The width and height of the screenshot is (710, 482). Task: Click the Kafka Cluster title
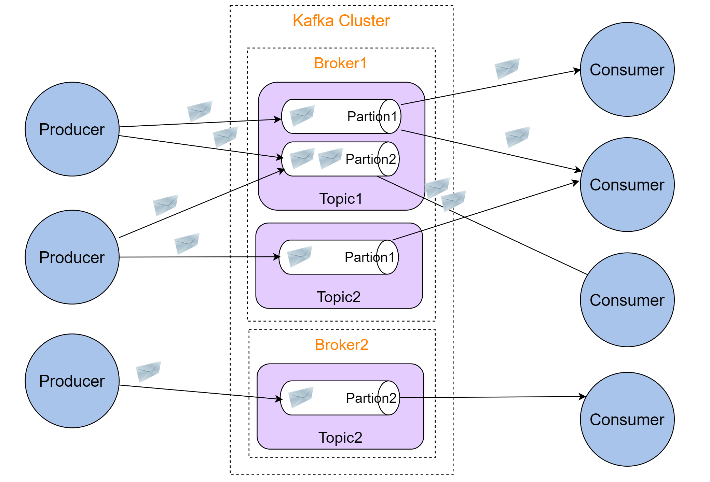341,21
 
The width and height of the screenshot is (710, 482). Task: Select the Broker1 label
340,63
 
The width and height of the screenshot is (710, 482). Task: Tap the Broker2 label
341,345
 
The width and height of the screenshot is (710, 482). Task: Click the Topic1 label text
341,199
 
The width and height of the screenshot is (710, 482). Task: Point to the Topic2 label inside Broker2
340,438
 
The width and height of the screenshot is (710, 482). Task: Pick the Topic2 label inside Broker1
339,297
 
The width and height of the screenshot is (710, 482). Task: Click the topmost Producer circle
72,129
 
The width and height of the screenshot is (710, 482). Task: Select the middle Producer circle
72,257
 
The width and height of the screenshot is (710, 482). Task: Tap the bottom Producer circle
72,381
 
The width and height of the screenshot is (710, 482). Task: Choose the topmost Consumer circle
627,70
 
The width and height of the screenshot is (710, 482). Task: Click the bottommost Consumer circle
627,419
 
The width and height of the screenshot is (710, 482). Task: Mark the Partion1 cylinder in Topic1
341,116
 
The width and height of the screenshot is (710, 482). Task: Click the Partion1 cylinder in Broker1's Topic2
339,257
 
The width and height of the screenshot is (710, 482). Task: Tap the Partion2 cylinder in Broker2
340,398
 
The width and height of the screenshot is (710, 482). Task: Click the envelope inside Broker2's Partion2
301,397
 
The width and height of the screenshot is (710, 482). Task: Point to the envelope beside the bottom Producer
148,371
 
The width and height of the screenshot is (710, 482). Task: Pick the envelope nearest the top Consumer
507,68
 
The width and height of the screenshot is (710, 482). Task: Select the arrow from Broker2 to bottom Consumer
492,397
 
